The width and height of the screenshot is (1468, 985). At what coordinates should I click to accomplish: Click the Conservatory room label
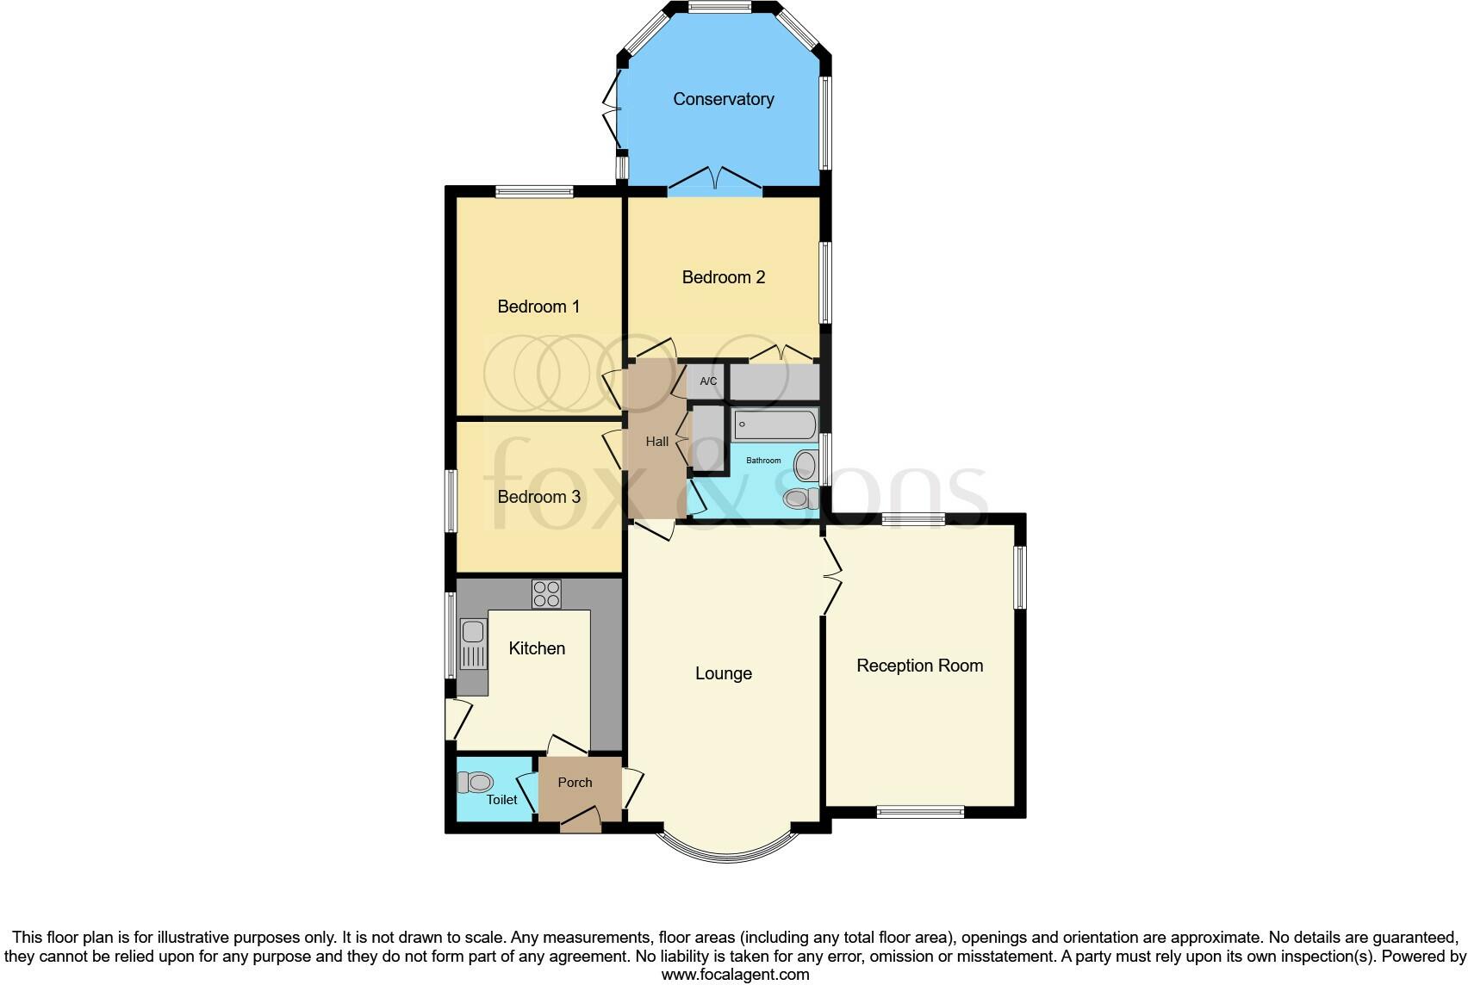click(x=723, y=99)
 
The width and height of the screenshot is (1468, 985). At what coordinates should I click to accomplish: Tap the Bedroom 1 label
click(x=538, y=307)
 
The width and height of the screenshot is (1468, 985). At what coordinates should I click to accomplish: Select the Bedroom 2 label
click(x=723, y=277)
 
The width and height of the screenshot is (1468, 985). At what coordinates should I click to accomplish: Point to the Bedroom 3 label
click(x=538, y=497)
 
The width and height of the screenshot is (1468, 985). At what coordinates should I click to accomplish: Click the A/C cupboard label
click(x=707, y=381)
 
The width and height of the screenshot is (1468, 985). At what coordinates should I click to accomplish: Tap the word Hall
click(x=656, y=442)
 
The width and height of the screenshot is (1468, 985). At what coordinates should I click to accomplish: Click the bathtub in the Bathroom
click(x=774, y=424)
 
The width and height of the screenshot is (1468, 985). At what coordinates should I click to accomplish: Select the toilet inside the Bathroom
click(x=800, y=498)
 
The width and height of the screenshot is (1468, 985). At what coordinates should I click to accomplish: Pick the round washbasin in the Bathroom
click(x=806, y=466)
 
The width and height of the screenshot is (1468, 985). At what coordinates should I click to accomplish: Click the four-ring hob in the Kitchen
click(x=546, y=593)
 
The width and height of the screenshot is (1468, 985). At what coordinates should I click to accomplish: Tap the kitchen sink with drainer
click(x=472, y=646)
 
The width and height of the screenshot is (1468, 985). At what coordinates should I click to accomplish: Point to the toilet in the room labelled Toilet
click(x=475, y=782)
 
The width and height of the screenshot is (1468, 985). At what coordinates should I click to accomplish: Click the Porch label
click(x=575, y=783)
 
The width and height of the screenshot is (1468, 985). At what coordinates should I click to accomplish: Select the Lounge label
click(x=723, y=673)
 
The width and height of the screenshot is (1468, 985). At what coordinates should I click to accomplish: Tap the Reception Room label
click(x=919, y=666)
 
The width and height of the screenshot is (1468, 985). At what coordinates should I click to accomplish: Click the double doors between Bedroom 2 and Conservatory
click(x=715, y=180)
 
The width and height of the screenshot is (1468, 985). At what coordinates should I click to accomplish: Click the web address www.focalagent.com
click(x=735, y=975)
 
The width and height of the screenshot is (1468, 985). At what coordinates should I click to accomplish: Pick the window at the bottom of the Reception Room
click(x=919, y=811)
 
